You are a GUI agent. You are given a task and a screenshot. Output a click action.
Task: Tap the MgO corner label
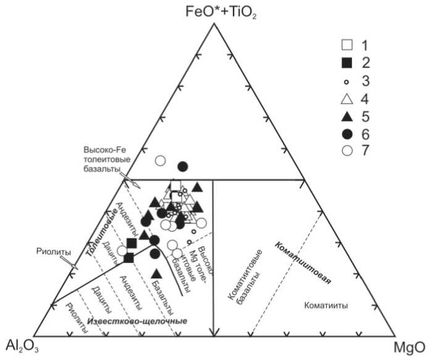pyautogui.click(x=410, y=347)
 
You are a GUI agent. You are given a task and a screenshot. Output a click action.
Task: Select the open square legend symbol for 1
pyautogui.click(x=347, y=45)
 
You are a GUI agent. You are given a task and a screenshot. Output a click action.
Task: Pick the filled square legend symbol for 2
pyautogui.click(x=347, y=63)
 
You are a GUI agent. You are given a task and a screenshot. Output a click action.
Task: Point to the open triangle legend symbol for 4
pyautogui.click(x=347, y=99)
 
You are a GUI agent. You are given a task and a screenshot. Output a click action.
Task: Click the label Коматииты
pyautogui.click(x=326, y=306)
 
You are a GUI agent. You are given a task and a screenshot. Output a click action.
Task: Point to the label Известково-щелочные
pyautogui.click(x=137, y=322)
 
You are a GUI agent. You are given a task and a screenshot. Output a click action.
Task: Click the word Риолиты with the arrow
pyautogui.click(x=51, y=252)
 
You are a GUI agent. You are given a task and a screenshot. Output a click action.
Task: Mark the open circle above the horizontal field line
pyautogui.click(x=160, y=161)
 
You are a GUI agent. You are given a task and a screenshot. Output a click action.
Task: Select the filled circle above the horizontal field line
pyautogui.click(x=182, y=166)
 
